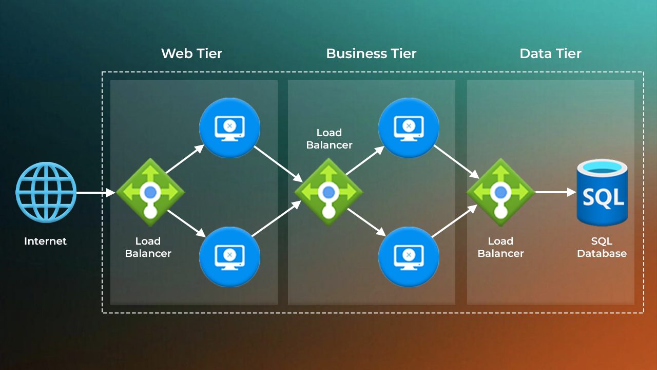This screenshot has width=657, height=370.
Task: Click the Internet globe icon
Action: coord(46,192)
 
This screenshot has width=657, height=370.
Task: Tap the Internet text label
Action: coord(45,241)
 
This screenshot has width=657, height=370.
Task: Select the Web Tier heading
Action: coord(191,53)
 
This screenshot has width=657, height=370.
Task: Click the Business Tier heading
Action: coord(371,53)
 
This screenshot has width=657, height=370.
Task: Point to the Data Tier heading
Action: coord(550,53)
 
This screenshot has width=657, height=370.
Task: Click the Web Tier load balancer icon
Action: coord(150,192)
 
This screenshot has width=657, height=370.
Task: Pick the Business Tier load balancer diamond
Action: coord(328,192)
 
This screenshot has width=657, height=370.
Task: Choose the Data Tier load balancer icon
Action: coord(500,192)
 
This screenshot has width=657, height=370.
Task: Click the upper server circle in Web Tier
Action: coord(229,128)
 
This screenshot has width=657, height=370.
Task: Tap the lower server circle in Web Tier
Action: coord(229,256)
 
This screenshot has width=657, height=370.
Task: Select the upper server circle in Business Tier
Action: coord(409,128)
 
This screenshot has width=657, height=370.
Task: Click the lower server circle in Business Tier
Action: coord(409,256)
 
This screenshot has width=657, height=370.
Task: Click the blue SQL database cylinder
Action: coord(602,192)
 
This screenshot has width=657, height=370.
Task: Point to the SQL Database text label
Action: coord(602,247)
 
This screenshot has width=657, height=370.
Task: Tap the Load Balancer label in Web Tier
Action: coord(148,247)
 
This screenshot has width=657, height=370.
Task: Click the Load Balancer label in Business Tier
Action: coord(329,139)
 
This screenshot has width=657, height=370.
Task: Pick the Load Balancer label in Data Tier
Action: coord(500,247)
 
